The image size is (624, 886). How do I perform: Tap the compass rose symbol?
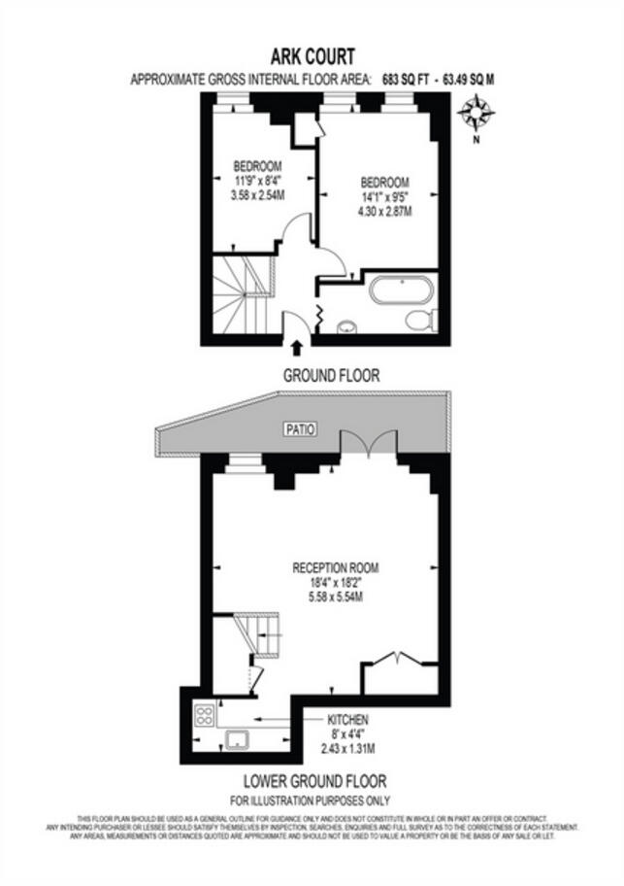476,116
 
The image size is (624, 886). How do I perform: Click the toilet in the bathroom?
424,320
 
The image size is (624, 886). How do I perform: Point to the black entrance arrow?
297,347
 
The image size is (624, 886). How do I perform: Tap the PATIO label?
299,428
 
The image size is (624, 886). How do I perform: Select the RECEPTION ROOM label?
336,567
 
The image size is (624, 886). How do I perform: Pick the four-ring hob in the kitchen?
206,716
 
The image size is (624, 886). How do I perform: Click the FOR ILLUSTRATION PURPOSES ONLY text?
311,801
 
